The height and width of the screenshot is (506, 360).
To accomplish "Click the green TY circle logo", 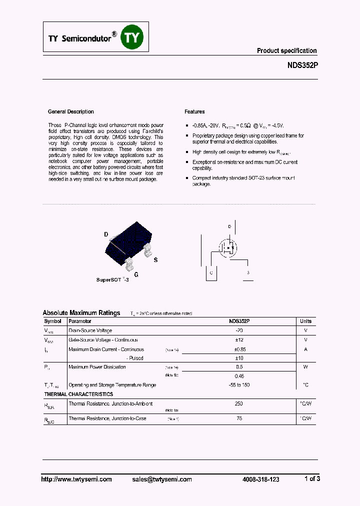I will click(133, 37).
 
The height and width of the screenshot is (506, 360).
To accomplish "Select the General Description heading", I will click(70, 111).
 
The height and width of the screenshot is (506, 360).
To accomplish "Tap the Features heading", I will click(194, 111).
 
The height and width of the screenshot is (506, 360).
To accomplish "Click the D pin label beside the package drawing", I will click(106, 234).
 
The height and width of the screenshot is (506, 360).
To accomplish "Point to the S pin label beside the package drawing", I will click(155, 259).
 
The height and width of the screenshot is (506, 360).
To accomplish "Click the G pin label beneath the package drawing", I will click(136, 274).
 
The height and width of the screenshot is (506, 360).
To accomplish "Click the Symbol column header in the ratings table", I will click(52, 321).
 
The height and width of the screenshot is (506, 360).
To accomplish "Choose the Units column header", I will click(305, 321).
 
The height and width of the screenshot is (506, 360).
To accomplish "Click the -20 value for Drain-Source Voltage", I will click(239, 330).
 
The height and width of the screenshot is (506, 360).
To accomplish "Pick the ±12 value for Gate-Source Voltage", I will click(239, 340).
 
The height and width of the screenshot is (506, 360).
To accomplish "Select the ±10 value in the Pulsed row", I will click(239, 358).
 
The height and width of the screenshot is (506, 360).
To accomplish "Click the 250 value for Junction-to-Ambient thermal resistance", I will click(239, 403).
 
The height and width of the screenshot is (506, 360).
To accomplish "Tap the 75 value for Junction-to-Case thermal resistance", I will click(239, 418).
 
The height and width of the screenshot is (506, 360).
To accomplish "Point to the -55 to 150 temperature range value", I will click(239, 385).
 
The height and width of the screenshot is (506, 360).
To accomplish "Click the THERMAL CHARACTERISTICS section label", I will click(78, 394).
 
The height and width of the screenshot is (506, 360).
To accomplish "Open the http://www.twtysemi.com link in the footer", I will click(76, 479).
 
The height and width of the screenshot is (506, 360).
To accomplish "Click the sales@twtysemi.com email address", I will click(162, 479).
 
